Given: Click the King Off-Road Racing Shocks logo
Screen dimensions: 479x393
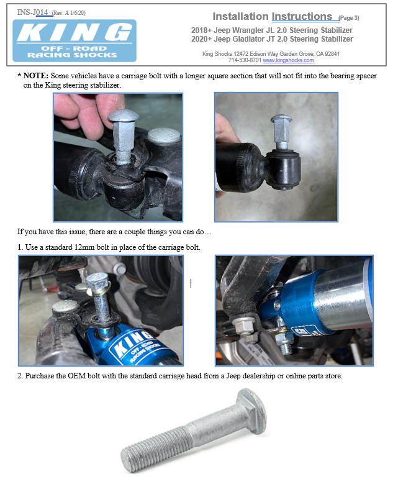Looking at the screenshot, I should [x=74, y=40].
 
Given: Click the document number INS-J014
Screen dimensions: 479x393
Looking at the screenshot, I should [x=32, y=12].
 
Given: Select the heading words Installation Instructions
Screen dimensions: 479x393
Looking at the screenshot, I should [x=272, y=16].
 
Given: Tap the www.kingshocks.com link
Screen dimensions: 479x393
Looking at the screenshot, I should [x=288, y=60].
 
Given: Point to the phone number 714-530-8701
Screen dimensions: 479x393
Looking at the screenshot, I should [x=245, y=60].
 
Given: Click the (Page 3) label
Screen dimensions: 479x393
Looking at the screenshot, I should [x=348, y=18].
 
